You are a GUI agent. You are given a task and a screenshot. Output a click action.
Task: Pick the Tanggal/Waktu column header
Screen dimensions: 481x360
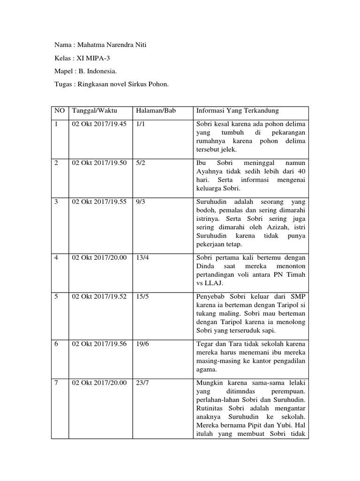click(x=94, y=111)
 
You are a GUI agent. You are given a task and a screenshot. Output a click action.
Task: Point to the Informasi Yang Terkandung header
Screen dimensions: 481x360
click(x=237, y=111)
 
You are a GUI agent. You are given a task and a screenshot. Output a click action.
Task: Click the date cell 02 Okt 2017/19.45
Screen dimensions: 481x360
click(x=99, y=124)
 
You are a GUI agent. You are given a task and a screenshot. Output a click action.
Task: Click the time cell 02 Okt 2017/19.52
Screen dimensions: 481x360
click(x=99, y=297)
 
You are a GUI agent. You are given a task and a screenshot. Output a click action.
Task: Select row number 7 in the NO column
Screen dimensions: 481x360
click(x=57, y=383)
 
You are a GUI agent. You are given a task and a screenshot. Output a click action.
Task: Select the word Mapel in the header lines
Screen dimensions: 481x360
click(x=62, y=72)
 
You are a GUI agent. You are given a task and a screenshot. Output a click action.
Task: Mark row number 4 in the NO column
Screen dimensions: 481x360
click(x=57, y=258)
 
